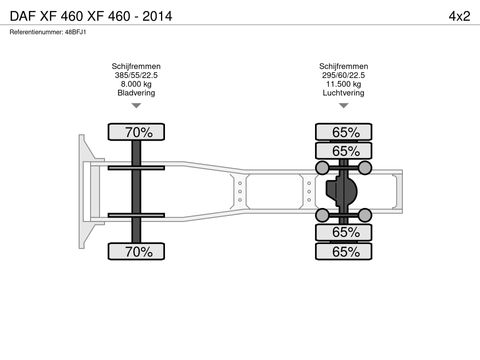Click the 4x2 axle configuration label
click(x=459, y=16)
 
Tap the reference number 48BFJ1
click(x=76, y=32)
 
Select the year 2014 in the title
click(x=157, y=16)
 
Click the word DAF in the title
click(x=23, y=16)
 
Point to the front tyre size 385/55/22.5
click(x=136, y=75)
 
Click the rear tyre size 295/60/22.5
click(x=343, y=75)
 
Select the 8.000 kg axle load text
click(x=136, y=84)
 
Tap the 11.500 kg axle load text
click(x=343, y=84)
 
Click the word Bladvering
click(x=136, y=93)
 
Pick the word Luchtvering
click(x=343, y=93)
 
